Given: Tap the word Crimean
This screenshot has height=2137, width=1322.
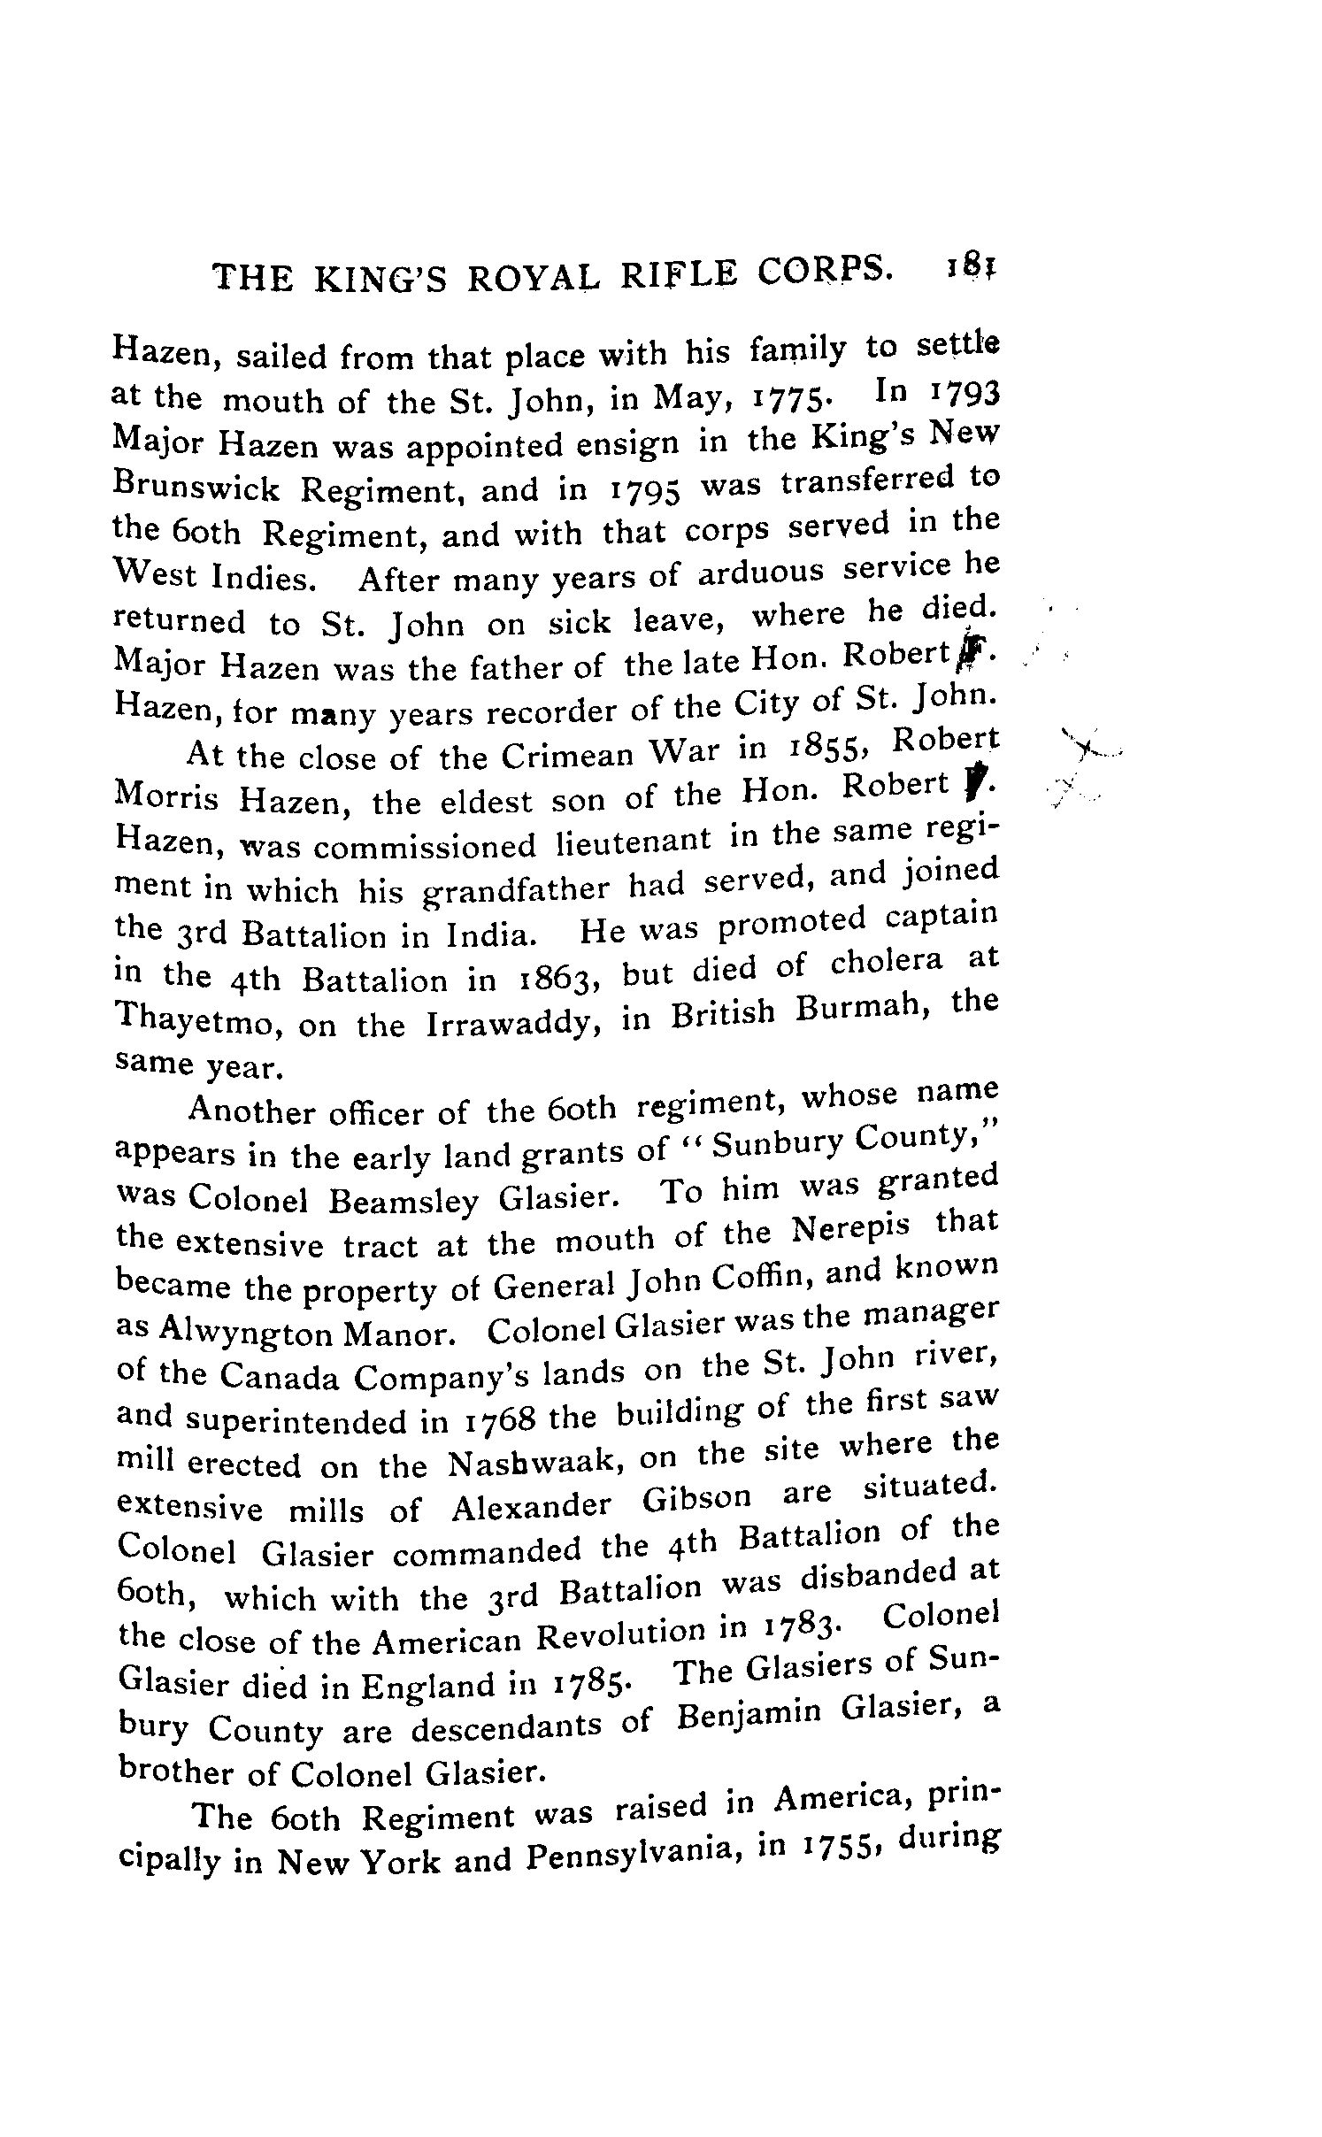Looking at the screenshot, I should tap(565, 757).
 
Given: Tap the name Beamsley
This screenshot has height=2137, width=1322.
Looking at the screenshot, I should tap(403, 1199).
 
